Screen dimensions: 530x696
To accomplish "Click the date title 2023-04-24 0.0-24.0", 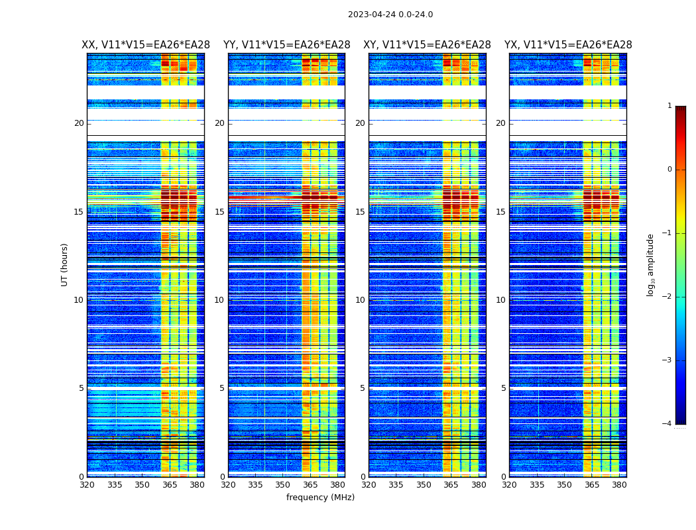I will click(390, 15).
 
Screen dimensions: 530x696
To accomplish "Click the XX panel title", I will click(146, 45).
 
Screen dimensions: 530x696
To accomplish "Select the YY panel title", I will click(286, 45).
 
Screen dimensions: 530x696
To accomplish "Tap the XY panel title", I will click(427, 45).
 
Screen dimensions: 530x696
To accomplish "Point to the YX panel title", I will click(568, 45).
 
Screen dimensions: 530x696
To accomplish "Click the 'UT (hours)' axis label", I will click(65, 264).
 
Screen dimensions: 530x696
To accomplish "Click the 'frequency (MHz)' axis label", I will click(320, 498).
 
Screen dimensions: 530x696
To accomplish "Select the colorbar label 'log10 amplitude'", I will click(651, 264).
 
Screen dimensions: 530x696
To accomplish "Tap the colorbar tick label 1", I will click(669, 106).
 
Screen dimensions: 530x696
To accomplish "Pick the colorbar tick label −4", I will click(668, 424).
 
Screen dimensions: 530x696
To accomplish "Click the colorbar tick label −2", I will click(668, 297).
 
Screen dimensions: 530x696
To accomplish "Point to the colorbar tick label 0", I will click(669, 170).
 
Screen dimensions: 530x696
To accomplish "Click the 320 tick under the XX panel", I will click(87, 485).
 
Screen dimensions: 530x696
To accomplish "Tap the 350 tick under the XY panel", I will click(424, 485).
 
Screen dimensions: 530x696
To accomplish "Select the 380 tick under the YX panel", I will click(619, 485).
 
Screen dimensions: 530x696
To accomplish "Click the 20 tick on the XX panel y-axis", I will click(79, 123).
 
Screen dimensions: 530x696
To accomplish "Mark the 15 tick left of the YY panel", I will click(219, 212).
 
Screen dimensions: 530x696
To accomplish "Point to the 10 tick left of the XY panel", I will click(360, 300).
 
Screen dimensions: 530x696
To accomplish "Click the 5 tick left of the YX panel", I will click(503, 388).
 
